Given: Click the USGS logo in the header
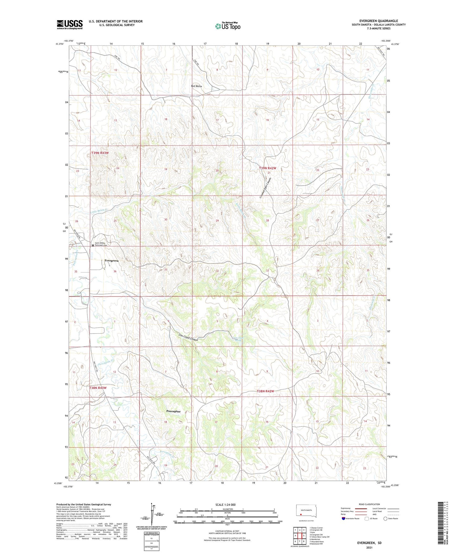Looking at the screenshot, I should (70, 24).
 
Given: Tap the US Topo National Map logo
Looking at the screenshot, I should (227, 26).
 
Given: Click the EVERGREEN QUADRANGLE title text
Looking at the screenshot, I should (378, 21).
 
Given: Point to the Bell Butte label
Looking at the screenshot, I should (196, 86).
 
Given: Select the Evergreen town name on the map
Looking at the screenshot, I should (111, 261).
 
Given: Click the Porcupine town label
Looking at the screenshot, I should (173, 411).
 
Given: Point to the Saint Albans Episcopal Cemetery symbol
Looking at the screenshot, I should (93, 245).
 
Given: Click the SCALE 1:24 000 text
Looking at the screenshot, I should (225, 505).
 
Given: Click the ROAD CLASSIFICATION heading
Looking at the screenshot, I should (370, 504).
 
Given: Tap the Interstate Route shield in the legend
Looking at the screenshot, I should (344, 518).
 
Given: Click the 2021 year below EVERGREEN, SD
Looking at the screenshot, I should (369, 547).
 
